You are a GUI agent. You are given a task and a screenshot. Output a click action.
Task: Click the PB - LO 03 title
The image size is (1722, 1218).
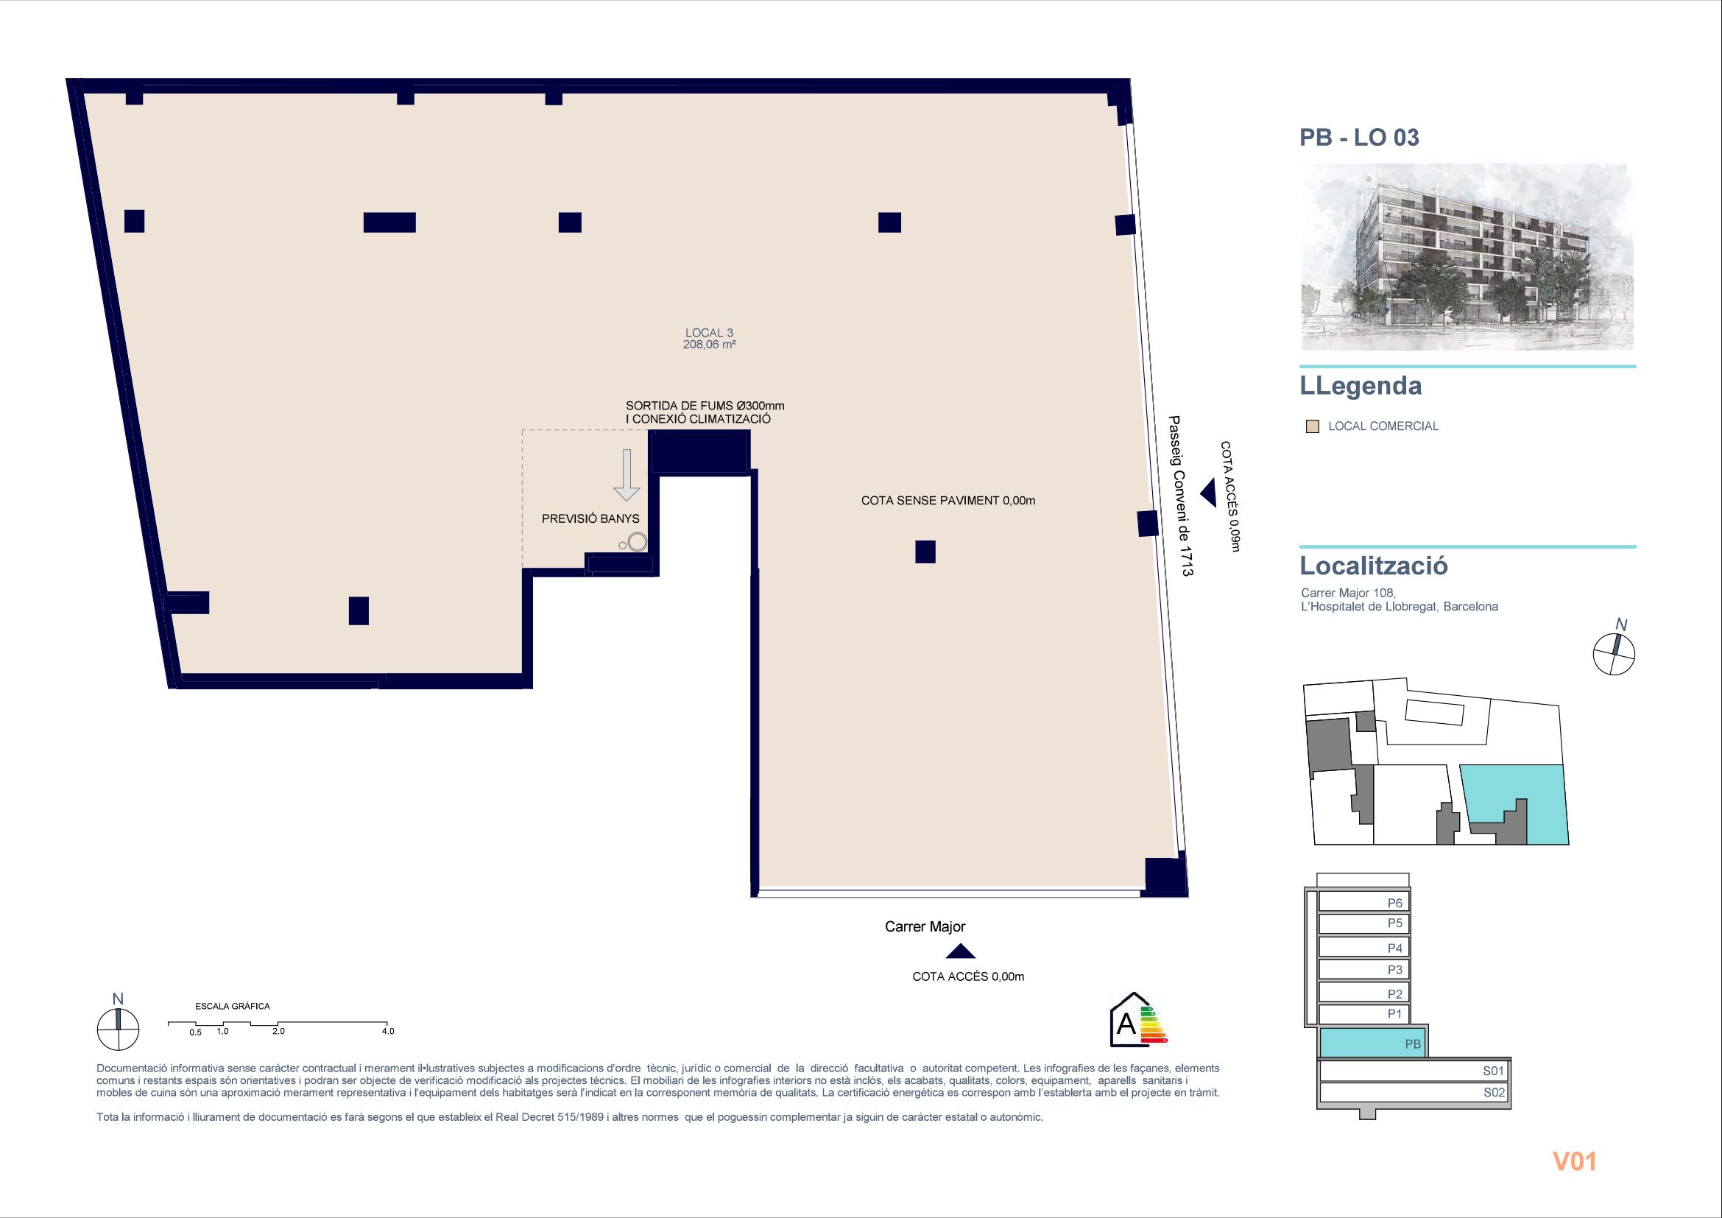[1359, 137]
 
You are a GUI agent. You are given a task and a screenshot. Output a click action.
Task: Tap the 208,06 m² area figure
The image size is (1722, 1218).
[709, 345]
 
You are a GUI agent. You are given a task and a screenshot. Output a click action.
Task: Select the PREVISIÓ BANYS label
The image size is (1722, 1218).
[590, 518]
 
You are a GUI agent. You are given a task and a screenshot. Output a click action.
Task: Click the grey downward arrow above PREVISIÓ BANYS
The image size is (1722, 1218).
[627, 475]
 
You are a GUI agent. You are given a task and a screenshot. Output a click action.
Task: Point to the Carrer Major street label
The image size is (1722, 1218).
[925, 926]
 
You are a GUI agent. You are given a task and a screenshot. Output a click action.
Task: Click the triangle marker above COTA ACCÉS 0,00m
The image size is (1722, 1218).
[960, 951]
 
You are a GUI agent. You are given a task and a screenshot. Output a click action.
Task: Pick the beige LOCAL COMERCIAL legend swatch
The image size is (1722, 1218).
[1313, 427]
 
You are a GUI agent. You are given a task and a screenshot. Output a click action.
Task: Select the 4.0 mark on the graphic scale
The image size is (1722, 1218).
[388, 1031]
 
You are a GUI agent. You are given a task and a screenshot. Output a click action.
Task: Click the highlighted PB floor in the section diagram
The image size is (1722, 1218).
[1372, 1043]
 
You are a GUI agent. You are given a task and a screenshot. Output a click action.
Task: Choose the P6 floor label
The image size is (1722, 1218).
[1394, 903]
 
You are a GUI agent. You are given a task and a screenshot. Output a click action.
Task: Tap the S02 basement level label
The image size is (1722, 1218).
[1493, 1093]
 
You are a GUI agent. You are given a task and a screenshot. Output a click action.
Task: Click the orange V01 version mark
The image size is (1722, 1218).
[1574, 1161]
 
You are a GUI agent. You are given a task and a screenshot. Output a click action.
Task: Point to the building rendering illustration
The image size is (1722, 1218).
[1467, 256]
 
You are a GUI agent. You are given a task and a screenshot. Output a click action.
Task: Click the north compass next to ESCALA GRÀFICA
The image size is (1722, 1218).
[118, 1029]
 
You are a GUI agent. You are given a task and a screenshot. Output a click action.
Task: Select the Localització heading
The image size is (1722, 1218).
[1373, 566]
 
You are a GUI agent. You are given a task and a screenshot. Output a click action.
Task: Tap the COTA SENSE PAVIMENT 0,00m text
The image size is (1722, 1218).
[948, 500]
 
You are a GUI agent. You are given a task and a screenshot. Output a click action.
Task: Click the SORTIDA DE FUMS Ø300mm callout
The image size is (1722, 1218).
[705, 412]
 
